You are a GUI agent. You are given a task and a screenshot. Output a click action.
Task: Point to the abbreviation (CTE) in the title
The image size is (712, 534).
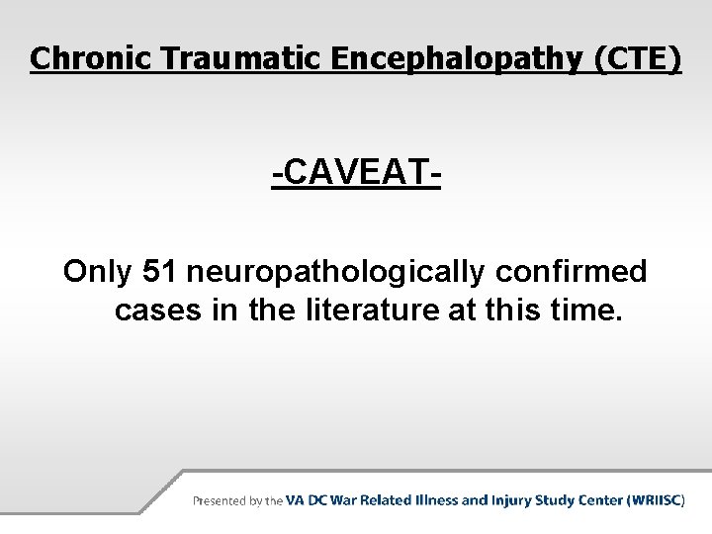point(638,58)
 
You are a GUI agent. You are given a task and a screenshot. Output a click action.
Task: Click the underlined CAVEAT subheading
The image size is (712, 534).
point(356,176)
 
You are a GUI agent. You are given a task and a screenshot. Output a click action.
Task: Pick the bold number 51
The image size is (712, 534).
point(161,271)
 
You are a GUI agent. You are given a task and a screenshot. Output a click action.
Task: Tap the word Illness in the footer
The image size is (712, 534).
point(434,500)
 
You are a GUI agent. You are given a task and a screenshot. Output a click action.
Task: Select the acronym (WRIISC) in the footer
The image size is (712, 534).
point(655,500)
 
